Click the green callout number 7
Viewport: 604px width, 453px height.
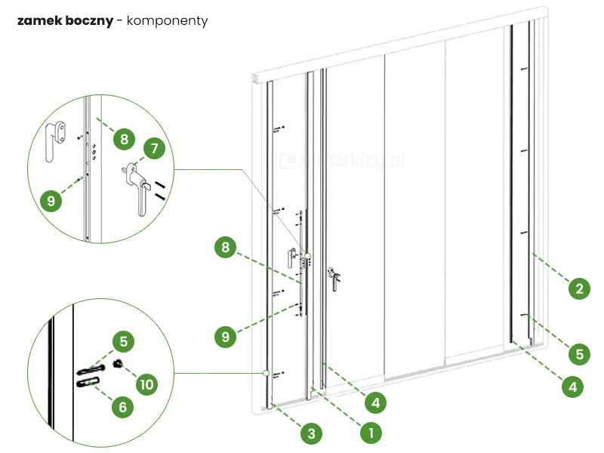coord(154,149)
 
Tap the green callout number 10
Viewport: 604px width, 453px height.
coord(146,384)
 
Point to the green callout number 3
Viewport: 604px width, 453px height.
coord(310,433)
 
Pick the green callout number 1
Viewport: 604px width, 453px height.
coord(369,433)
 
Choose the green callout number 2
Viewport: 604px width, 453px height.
coord(578,288)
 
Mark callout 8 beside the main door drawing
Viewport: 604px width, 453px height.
coord(224,247)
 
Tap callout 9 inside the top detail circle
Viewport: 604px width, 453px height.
coord(51,201)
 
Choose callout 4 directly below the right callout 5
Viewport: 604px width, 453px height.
coord(572,387)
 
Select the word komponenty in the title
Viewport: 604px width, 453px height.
coord(167,20)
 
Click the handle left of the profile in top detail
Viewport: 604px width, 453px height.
coord(52,142)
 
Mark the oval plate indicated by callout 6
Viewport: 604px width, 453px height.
coord(88,383)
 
